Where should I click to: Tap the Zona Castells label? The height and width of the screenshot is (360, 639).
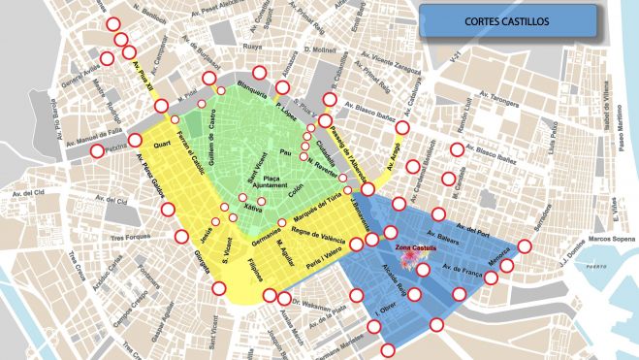[416, 250]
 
